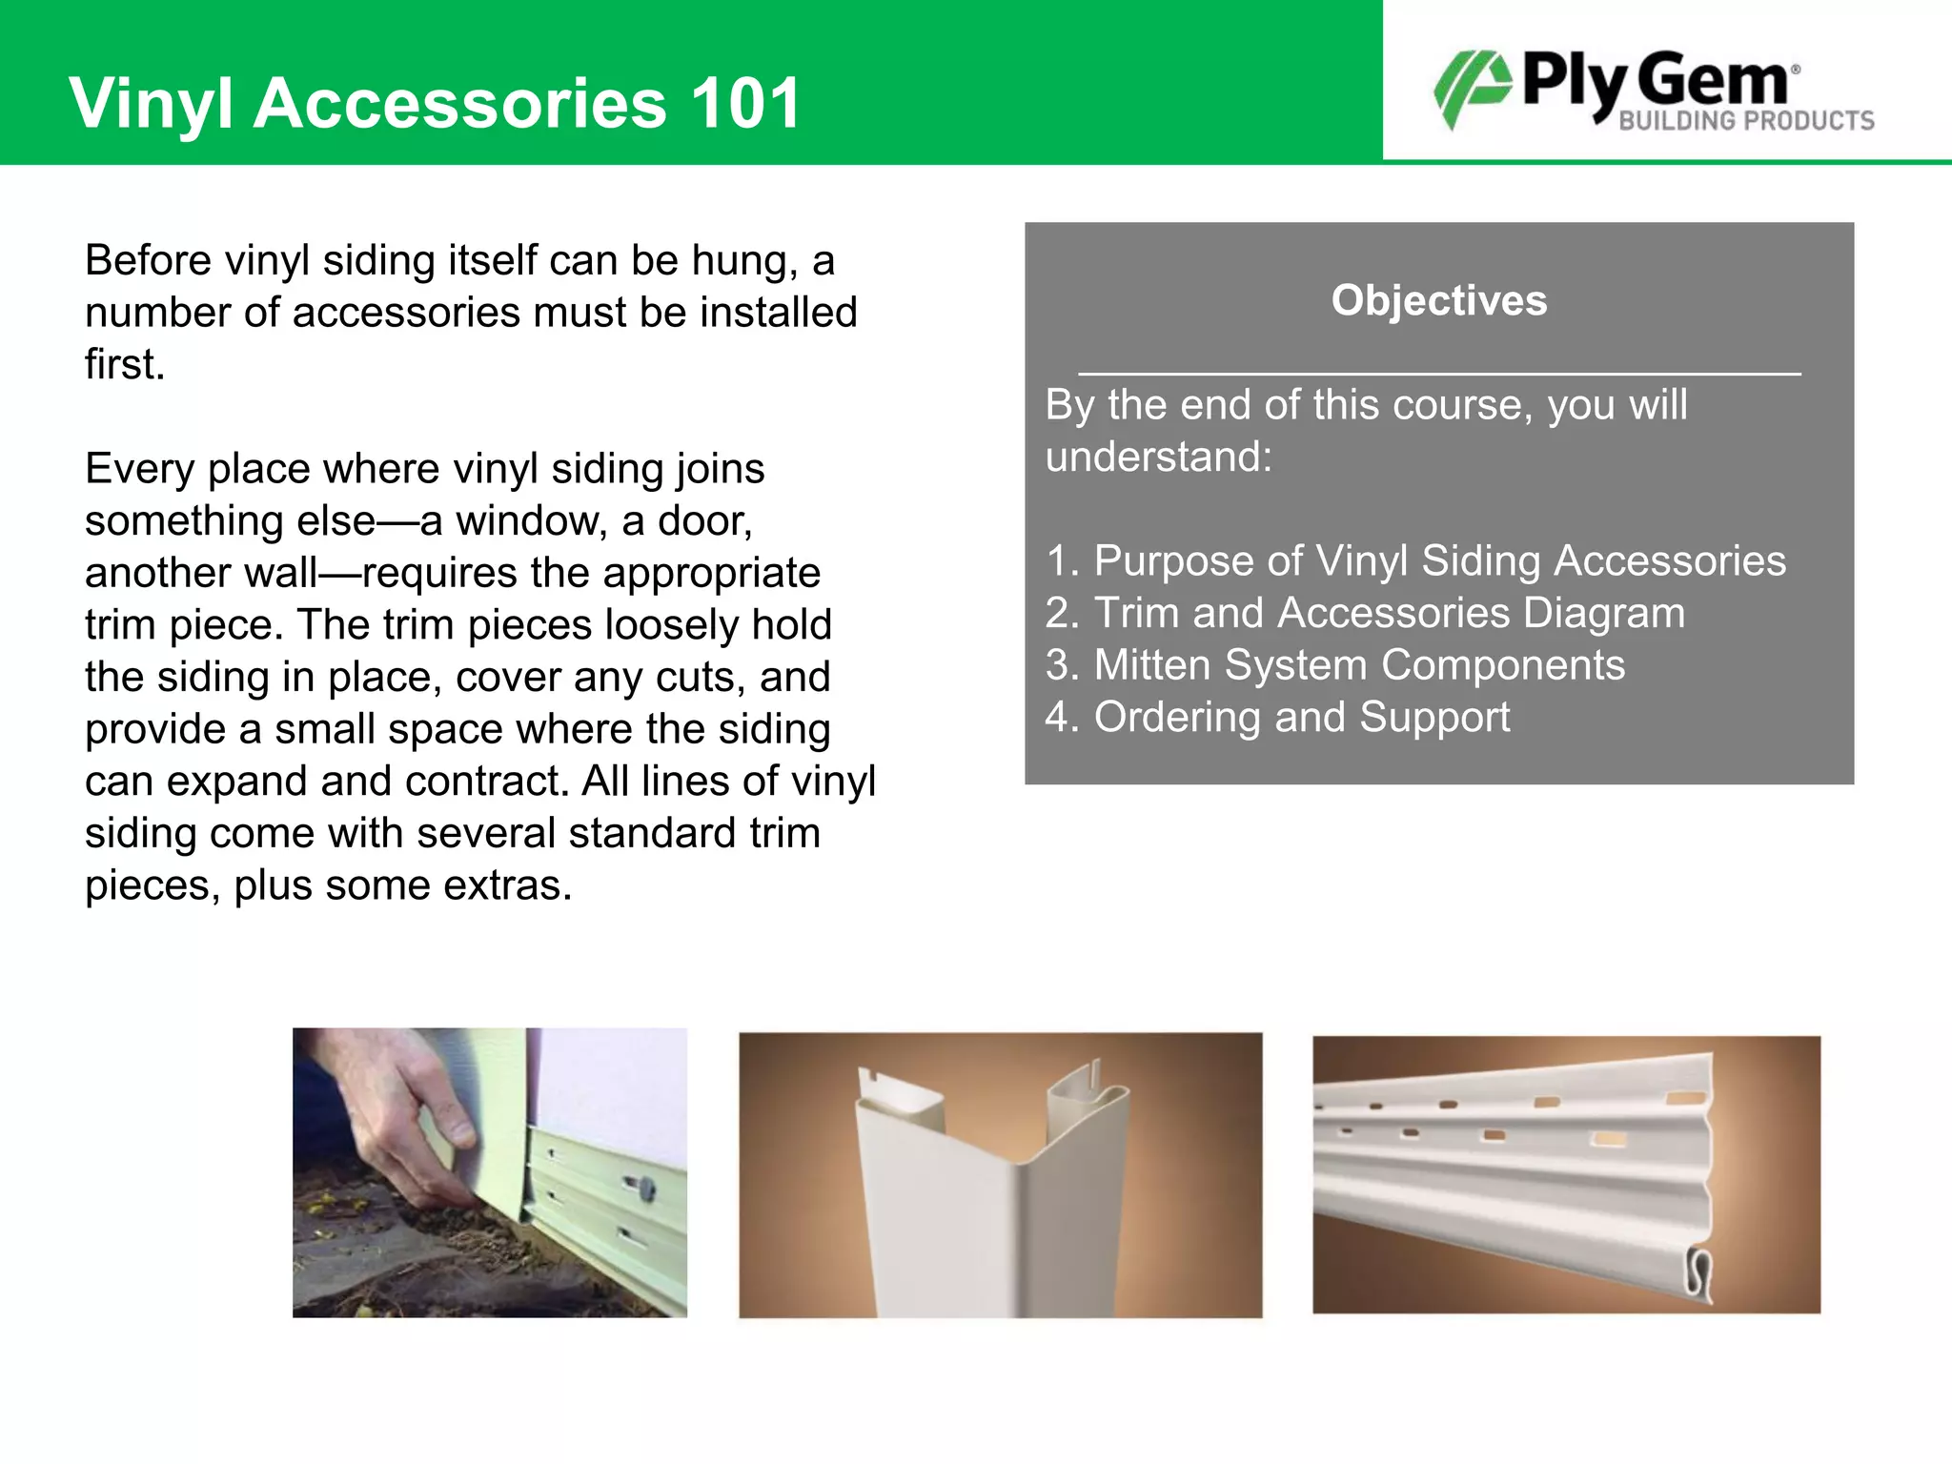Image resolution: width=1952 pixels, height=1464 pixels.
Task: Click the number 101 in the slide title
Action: tap(745, 103)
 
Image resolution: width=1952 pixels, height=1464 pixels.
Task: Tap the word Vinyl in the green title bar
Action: tap(151, 103)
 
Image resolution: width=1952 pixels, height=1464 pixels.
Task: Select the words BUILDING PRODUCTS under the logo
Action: tap(1746, 121)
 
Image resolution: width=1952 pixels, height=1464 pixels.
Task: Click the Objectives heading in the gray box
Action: tap(1439, 300)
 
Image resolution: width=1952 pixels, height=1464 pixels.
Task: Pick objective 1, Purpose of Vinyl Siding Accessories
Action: tap(1416, 560)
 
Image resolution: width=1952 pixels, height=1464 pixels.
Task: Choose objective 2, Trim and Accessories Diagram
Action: tap(1365, 613)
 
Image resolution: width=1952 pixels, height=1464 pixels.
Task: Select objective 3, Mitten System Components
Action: tap(1334, 665)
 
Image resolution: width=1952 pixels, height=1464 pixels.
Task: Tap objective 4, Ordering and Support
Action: tap(1277, 717)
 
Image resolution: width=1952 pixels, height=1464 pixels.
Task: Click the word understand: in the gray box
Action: tap(1158, 457)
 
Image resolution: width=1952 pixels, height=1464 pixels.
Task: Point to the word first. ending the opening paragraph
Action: tap(125, 364)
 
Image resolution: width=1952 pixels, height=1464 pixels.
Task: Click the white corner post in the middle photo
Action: tap(991, 1201)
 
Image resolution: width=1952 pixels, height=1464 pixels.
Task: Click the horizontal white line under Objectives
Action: tap(1439, 374)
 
